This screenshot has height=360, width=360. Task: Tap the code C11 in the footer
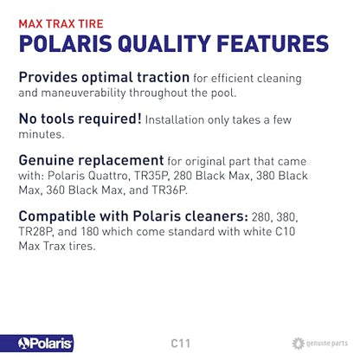(180, 344)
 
